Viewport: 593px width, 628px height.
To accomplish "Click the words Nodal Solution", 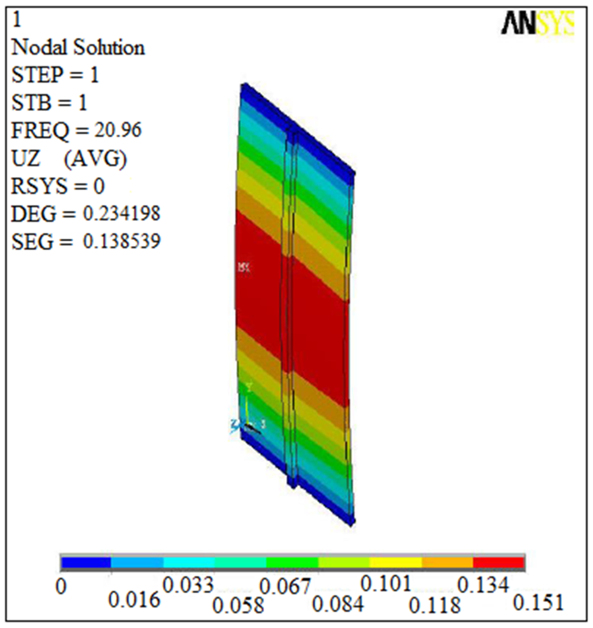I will (x=78, y=48).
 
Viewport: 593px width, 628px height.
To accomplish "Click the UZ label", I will (x=26, y=158).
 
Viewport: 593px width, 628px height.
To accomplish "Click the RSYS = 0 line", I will (x=58, y=186).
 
